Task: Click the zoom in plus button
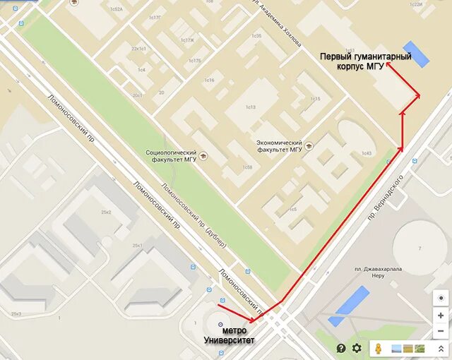[x=441, y=316]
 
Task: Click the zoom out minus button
[x=441, y=330]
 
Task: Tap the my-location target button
[x=441, y=297]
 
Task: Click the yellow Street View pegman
[x=379, y=348]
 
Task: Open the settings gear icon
[x=357, y=348]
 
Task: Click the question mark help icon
[x=341, y=348]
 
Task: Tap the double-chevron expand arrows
[x=441, y=349]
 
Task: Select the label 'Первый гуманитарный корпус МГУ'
[x=365, y=61]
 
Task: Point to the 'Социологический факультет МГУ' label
[x=170, y=155]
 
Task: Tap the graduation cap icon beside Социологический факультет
[x=203, y=155]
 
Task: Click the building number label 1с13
[x=250, y=107]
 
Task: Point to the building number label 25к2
[x=107, y=212]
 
